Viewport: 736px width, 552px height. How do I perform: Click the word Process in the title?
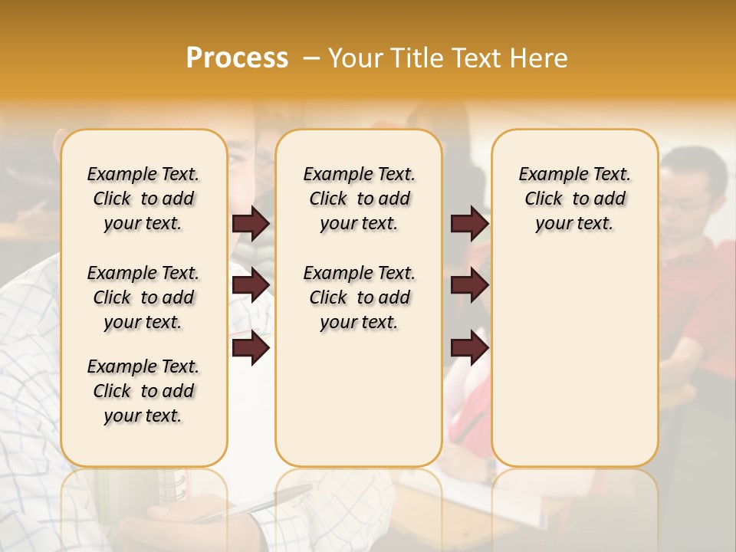click(237, 58)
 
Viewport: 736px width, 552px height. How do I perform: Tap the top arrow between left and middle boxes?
click(251, 223)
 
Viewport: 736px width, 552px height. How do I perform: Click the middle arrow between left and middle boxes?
click(251, 285)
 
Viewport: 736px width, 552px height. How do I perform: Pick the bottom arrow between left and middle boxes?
click(251, 348)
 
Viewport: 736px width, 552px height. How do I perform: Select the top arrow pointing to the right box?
click(469, 223)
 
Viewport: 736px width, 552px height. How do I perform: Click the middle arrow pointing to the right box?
click(469, 285)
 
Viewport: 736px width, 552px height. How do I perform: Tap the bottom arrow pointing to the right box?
click(469, 348)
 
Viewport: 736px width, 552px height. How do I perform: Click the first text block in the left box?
click(143, 199)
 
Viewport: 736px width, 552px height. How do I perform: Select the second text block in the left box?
click(143, 297)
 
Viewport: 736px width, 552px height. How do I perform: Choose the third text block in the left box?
click(143, 391)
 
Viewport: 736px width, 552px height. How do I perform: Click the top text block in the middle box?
click(359, 199)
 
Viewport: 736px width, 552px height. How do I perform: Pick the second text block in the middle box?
click(359, 297)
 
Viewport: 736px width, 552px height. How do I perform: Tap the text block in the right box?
click(574, 199)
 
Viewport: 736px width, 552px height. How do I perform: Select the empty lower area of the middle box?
click(359, 399)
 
